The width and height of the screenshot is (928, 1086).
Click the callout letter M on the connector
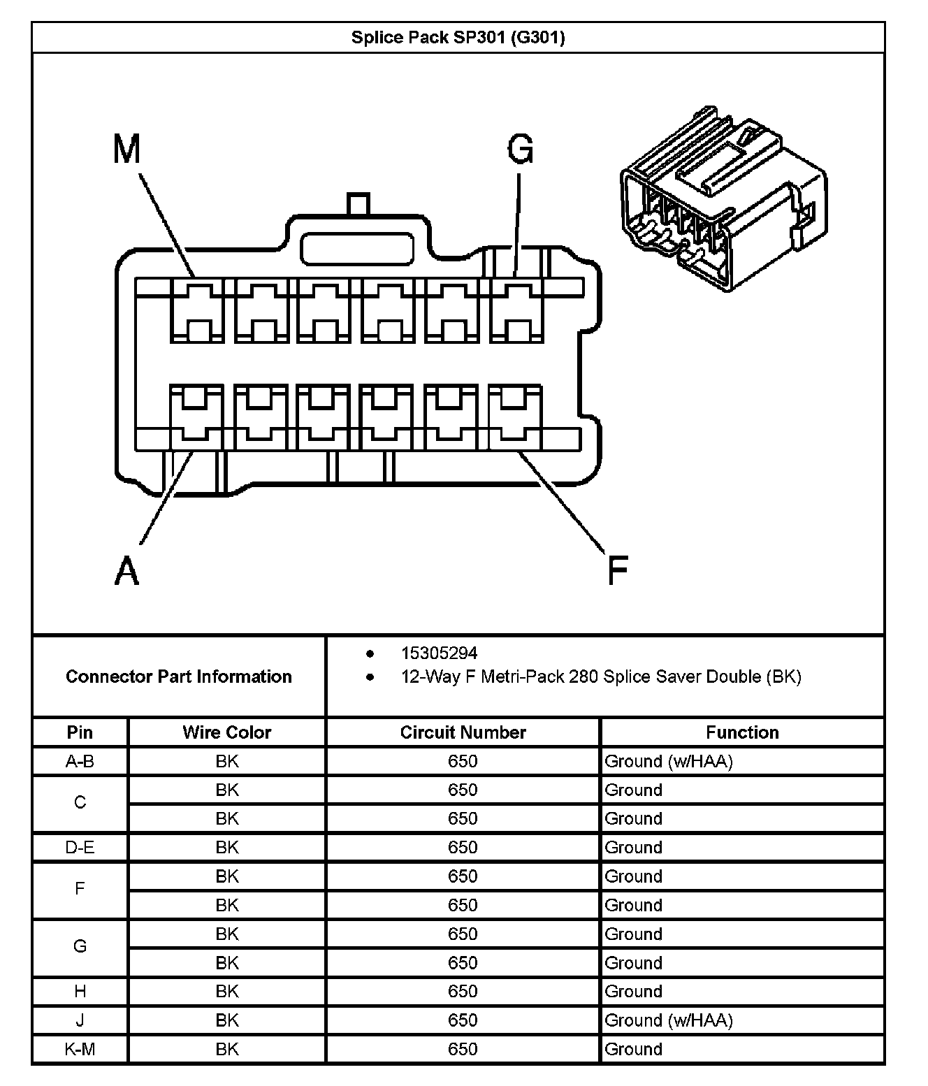tap(127, 149)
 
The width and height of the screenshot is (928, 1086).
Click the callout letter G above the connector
tap(521, 149)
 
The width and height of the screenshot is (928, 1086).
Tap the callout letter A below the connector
tap(126, 571)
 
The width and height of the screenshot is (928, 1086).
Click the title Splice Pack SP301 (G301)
tap(458, 37)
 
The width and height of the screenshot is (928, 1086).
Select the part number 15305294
tap(439, 653)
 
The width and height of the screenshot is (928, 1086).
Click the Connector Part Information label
tap(179, 676)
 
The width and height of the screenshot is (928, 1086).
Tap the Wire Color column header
tap(226, 732)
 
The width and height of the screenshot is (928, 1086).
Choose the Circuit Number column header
tap(463, 732)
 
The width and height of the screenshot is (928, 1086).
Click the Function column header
tap(742, 732)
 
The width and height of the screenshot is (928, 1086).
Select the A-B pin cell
tap(80, 761)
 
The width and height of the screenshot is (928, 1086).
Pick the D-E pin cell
tap(80, 848)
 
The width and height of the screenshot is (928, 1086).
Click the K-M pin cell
tap(80, 1049)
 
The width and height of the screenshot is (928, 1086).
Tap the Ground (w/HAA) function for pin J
tap(669, 1020)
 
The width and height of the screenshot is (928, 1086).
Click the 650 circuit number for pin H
tap(463, 992)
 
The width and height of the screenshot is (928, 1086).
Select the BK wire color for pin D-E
tap(226, 848)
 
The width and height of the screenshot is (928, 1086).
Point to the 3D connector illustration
tap(723, 199)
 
